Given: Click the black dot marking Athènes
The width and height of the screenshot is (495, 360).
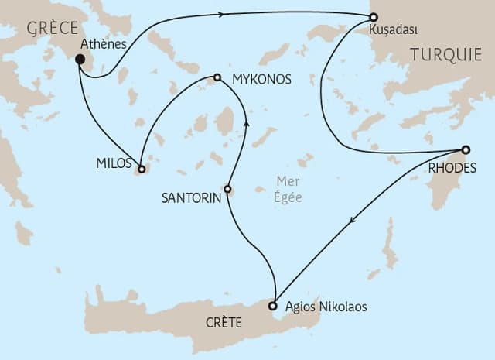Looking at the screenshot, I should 80,58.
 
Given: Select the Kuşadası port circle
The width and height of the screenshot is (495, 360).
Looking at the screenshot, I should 374,16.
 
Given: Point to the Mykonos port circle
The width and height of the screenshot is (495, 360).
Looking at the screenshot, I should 217,77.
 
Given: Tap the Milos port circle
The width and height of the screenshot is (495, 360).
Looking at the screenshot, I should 142,168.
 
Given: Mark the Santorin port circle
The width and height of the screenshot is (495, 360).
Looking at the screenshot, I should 227,188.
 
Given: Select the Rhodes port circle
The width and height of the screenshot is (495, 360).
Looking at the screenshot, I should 466,149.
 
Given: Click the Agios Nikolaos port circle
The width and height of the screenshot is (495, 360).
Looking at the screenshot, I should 273,307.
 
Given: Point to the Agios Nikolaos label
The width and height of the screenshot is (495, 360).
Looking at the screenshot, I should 326,307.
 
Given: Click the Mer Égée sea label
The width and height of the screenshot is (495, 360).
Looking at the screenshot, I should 289,190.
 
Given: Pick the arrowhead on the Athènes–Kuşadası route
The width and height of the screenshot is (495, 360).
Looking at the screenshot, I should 222,13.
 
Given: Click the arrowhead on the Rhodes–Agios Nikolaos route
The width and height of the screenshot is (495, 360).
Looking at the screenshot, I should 353,221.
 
